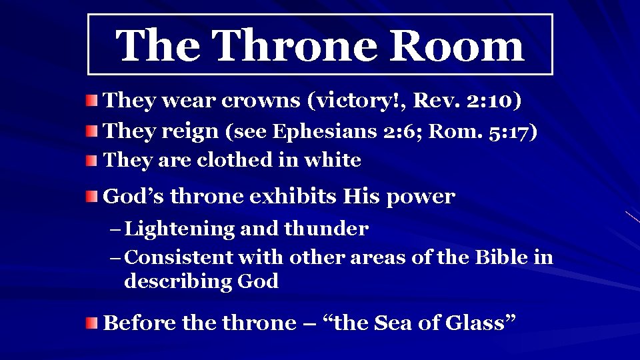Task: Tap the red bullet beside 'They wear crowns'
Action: click(91, 101)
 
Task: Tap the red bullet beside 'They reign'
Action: click(91, 131)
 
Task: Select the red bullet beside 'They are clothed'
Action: click(91, 161)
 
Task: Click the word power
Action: click(421, 197)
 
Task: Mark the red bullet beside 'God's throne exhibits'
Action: click(91, 197)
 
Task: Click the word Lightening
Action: click(180, 229)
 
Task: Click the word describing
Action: click(179, 282)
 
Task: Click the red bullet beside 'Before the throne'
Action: click(91, 323)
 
